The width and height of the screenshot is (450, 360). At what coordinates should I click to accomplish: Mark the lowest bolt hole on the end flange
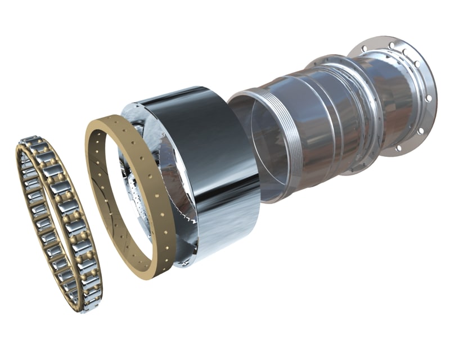coord(399,149)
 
